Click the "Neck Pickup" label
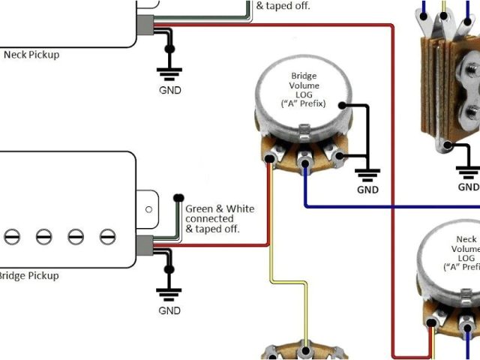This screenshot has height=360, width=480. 31,55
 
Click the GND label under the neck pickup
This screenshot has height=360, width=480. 170,90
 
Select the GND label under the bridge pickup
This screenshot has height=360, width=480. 169,310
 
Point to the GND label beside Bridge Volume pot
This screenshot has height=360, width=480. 367,190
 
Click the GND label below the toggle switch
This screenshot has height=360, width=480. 469,187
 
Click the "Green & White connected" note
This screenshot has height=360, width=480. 219,218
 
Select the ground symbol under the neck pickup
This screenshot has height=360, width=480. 169,73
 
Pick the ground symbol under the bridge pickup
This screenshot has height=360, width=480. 169,292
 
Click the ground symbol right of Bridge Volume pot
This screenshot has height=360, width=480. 367,175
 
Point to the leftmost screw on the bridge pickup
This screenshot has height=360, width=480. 12,237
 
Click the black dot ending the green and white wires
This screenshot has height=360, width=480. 178,199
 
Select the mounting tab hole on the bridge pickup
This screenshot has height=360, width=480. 149,209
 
